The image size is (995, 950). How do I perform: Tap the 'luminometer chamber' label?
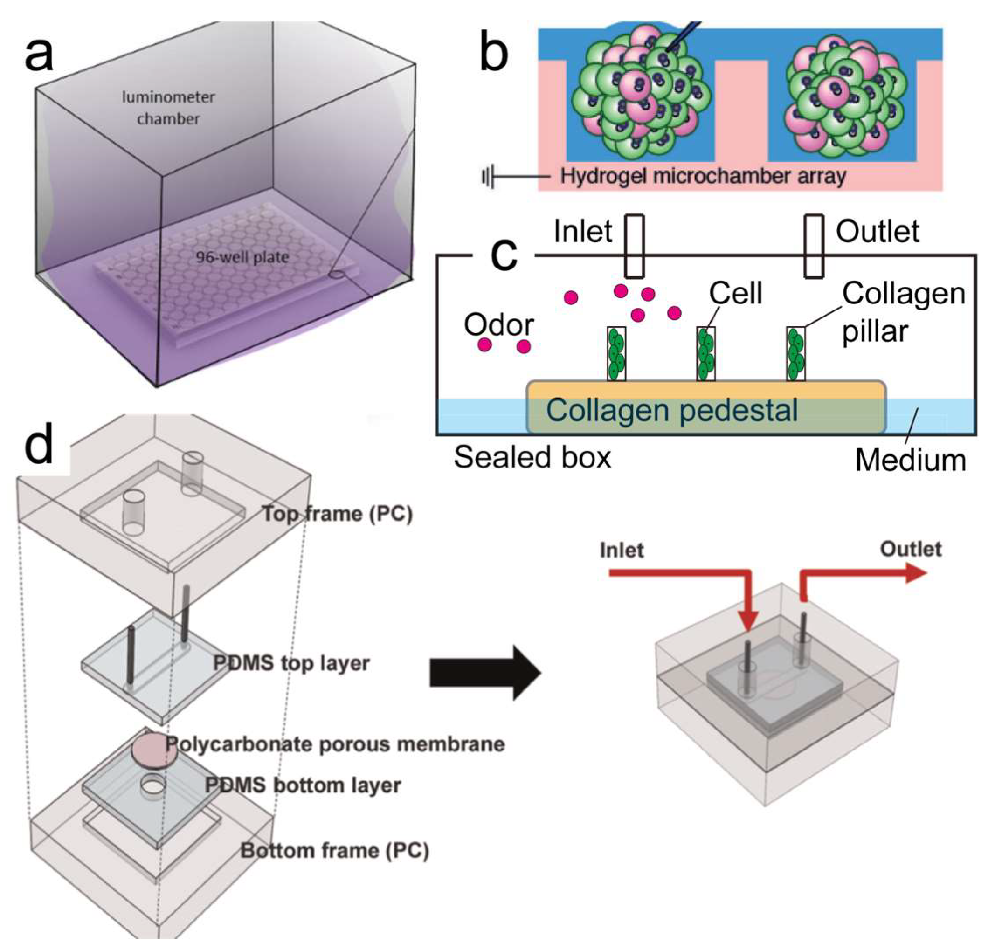[x=168, y=108]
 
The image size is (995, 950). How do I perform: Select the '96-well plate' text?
[x=242, y=257]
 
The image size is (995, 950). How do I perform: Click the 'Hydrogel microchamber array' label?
[x=702, y=176]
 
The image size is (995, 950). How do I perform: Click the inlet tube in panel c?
[x=634, y=246]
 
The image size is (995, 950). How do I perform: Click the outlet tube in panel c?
[x=814, y=246]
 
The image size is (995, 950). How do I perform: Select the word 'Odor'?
[x=498, y=325]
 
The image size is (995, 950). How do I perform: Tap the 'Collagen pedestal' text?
[x=672, y=410]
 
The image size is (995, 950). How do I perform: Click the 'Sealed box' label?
[x=532, y=457]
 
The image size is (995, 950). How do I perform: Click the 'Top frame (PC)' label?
[x=337, y=514]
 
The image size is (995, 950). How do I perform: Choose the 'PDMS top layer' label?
[x=291, y=663]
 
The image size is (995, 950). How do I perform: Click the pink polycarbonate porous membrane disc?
[x=154, y=751]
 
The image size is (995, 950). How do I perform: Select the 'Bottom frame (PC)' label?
[x=334, y=850]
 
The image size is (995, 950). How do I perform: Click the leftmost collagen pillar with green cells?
[x=616, y=354]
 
